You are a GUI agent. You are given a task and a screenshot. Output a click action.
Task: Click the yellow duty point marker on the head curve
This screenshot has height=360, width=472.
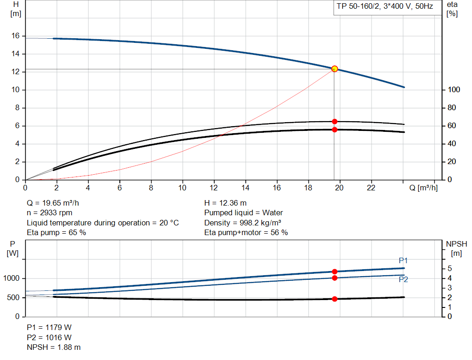335,69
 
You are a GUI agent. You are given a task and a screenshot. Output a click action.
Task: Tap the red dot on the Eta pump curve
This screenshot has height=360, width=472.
335,122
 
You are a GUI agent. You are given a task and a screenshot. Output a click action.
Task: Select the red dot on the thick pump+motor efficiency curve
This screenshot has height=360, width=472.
335,130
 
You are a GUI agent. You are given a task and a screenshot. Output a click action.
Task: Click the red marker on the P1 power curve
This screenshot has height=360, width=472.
335,271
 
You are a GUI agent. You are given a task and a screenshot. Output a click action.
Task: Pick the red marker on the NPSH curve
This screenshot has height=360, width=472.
335,299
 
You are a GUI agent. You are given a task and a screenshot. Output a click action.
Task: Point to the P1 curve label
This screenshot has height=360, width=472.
403,260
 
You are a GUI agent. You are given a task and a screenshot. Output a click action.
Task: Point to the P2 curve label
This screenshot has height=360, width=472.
403,279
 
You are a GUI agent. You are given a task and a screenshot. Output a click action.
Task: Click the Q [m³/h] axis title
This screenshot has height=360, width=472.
423,188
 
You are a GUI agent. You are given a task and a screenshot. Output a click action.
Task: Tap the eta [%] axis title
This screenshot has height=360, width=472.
452,9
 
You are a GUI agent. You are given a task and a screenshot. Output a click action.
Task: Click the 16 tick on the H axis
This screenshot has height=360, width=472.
15,36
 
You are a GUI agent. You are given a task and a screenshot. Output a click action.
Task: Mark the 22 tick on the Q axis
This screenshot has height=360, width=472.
371,188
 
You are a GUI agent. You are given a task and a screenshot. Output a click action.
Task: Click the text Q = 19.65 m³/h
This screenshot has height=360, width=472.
56,203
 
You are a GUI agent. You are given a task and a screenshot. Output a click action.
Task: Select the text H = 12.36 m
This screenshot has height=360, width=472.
225,203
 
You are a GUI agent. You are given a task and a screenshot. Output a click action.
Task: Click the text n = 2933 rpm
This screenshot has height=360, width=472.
49,213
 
